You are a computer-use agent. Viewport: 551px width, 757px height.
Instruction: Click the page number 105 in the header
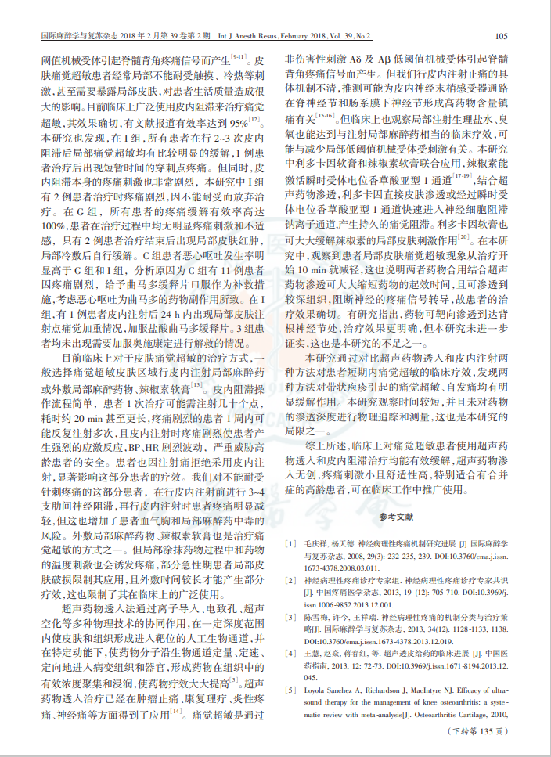point(502,36)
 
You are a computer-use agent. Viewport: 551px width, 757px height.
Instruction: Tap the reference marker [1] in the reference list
point(290,542)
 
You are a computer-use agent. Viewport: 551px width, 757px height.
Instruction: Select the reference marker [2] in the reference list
point(290,580)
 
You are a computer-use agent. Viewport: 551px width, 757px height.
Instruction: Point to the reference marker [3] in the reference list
point(290,618)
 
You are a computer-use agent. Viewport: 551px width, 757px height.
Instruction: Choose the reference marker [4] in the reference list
point(290,653)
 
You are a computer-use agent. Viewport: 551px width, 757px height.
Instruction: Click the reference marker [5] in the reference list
point(290,690)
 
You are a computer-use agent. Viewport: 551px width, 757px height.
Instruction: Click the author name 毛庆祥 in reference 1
point(315,542)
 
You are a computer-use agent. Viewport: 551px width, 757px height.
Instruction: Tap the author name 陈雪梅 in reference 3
point(315,618)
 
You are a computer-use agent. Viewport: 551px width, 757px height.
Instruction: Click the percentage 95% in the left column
point(239,124)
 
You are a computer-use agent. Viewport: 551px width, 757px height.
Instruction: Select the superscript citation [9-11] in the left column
point(239,56)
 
